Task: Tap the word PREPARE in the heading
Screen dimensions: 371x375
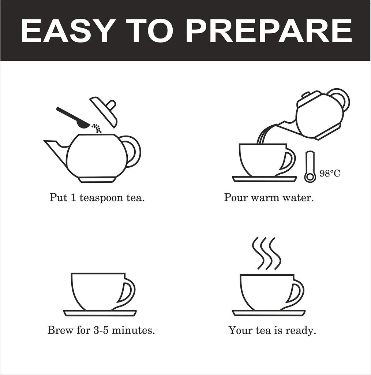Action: [x=270, y=31]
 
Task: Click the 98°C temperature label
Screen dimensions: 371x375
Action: [x=330, y=173]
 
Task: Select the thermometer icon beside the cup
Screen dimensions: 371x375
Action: [x=310, y=167]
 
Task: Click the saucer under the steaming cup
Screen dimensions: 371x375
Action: [x=269, y=313]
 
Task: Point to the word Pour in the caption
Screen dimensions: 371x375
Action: [x=236, y=198]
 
